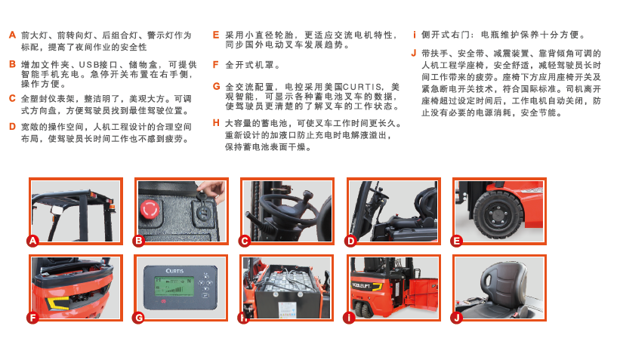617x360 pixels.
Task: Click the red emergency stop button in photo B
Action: point(150,209)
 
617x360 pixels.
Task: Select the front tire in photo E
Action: point(498,215)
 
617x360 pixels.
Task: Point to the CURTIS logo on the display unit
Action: point(174,271)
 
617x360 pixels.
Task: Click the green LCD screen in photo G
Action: point(174,288)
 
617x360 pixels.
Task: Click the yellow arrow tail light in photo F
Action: point(57,303)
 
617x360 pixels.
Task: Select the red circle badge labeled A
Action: point(32,241)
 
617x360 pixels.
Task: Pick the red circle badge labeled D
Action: point(350,241)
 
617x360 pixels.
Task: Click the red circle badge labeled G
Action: point(138,318)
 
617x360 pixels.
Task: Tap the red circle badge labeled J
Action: point(456,318)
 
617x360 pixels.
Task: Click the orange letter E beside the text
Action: point(216,35)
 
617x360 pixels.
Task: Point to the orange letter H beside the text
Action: point(216,123)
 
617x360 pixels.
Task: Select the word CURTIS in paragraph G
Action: point(362,87)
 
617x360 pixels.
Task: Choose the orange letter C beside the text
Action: point(12,99)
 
